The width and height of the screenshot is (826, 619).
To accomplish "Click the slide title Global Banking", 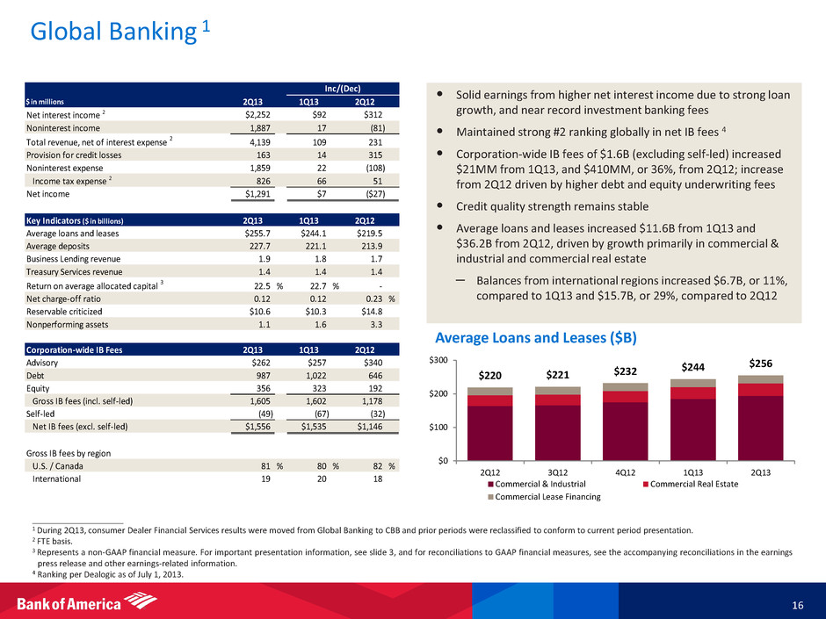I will pyautogui.click(x=110, y=32).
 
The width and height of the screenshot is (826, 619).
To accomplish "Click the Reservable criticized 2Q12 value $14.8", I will pyautogui.click(x=379, y=312).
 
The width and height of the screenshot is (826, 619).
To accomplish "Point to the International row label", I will pyautogui.click(x=57, y=479).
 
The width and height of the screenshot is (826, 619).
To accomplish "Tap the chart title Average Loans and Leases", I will pyautogui.click(x=537, y=338).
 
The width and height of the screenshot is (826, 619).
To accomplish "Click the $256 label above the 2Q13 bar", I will pyautogui.click(x=761, y=362).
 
